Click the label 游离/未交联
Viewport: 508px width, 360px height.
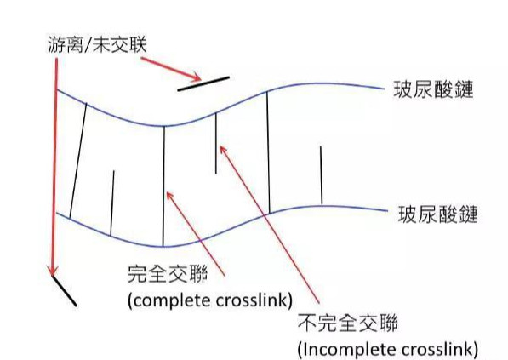pos(97,45)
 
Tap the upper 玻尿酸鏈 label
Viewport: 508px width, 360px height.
pos(433,89)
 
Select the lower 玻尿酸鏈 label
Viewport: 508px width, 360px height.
pos(437,214)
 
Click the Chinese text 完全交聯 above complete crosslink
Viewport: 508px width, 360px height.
pos(168,274)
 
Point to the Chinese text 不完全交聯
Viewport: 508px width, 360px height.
pos(348,322)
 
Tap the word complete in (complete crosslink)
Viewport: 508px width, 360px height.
pos(172,300)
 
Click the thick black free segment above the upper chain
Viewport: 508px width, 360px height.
pos(203,83)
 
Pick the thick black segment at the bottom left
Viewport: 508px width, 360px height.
pos(64,291)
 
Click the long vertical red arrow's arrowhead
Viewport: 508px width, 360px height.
pos(53,271)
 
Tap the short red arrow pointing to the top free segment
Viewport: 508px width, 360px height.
pos(171,69)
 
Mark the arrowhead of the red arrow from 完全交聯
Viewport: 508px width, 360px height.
pos(169,196)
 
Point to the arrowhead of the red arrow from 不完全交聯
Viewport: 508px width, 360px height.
pos(223,150)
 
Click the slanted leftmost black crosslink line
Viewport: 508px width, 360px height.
pos(78,161)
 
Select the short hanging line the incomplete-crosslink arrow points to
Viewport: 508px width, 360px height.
pos(216,143)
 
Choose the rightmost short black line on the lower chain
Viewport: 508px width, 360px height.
pos(321,175)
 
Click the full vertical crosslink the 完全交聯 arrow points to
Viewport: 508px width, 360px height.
pos(163,186)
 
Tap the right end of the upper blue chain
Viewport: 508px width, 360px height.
pos(384,89)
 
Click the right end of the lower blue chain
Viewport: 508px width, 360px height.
pos(387,211)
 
